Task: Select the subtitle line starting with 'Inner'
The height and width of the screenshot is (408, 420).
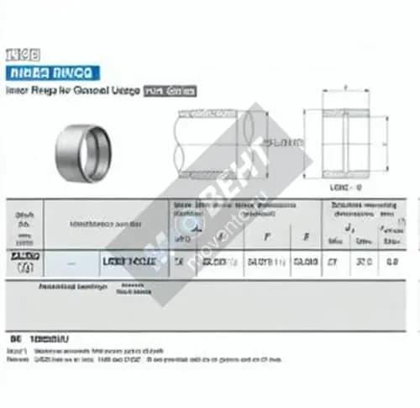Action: pos(71,89)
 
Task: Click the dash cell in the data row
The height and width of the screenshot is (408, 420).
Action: pos(70,263)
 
